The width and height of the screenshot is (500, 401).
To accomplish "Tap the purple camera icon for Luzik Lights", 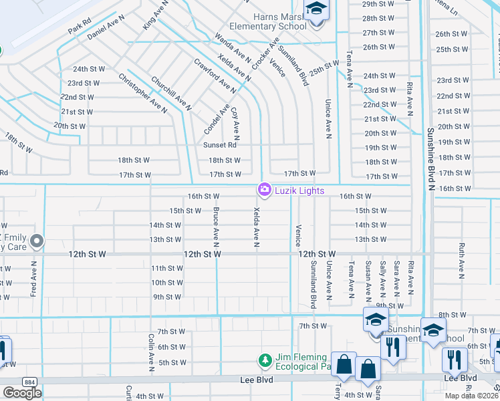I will [x=264, y=190].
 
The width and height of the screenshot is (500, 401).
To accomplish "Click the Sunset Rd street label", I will [x=221, y=145].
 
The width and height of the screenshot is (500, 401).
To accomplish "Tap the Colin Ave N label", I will [x=152, y=353].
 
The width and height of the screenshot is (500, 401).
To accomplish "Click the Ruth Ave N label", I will [x=461, y=261].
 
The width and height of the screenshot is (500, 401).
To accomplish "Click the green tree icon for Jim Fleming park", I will [x=265, y=361].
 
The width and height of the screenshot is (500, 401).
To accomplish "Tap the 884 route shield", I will [x=29, y=381].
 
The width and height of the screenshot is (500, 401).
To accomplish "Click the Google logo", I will [x=22, y=393].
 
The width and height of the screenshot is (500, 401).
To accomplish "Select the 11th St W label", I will [x=166, y=268].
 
